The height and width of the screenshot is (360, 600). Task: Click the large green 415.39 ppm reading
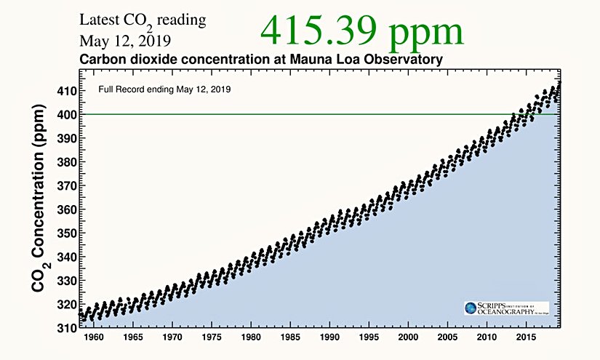click(x=362, y=31)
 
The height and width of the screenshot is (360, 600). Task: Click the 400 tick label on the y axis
click(x=65, y=115)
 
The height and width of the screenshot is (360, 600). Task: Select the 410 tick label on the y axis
click(x=65, y=92)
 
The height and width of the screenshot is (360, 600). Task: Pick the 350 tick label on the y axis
click(x=65, y=233)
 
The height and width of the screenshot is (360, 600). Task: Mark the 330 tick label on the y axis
click(x=65, y=280)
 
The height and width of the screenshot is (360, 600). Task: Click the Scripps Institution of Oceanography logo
click(x=506, y=308)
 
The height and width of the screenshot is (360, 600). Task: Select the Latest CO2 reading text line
click(x=142, y=21)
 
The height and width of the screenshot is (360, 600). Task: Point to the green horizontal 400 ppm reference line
click(x=291, y=114)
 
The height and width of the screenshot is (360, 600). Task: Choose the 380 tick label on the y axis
click(x=65, y=162)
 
